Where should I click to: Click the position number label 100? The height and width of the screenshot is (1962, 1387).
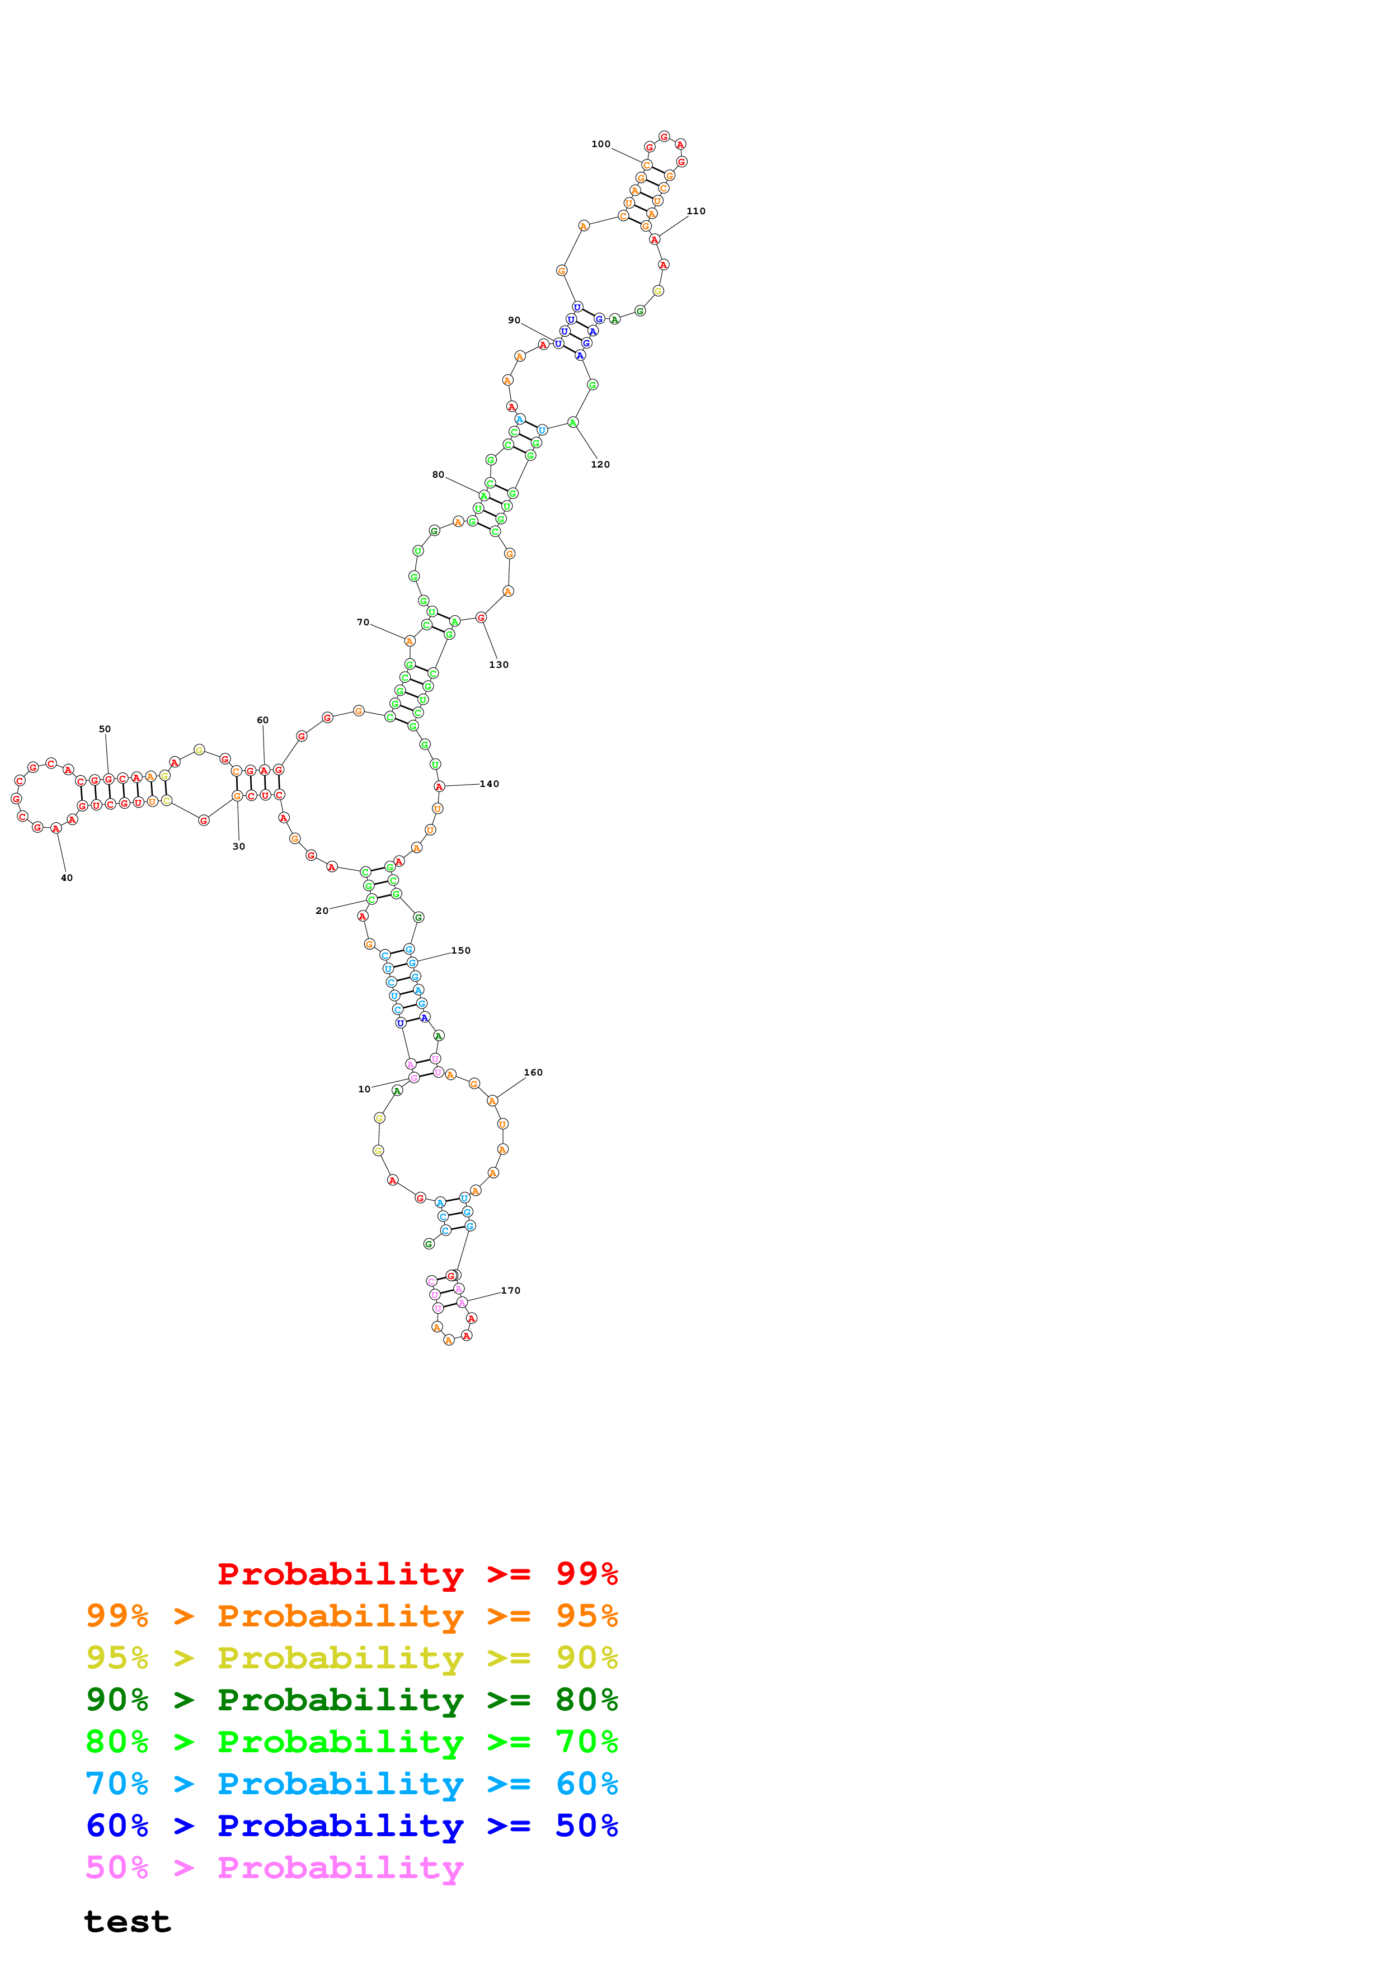(601, 144)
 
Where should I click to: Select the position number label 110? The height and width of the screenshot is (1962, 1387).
(695, 211)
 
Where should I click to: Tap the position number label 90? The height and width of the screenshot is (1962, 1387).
(514, 320)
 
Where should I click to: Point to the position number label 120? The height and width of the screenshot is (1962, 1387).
(600, 465)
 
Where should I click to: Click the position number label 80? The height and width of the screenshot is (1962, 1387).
(438, 475)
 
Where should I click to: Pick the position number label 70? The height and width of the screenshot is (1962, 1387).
(363, 622)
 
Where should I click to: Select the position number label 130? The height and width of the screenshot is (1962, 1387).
(498, 665)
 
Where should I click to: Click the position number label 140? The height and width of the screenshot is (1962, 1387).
(489, 784)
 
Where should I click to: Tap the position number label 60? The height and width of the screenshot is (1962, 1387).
(262, 720)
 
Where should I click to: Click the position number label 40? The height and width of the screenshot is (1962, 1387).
(67, 878)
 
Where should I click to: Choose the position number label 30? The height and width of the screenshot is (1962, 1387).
(238, 847)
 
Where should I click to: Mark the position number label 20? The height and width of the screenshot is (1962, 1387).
(321, 911)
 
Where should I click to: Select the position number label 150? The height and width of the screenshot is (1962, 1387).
(460, 950)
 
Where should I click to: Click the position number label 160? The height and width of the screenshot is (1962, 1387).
(533, 1072)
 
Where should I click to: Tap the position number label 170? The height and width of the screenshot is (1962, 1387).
(510, 1290)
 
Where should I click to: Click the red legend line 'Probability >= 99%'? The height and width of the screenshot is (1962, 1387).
(417, 1574)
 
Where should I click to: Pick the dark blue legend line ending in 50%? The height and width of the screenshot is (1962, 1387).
(351, 1826)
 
